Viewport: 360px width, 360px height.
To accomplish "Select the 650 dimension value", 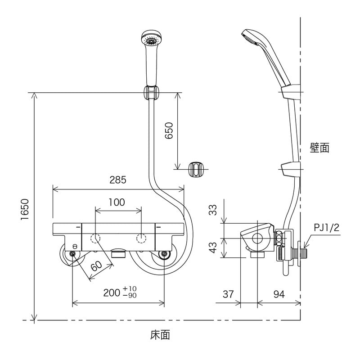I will click(168, 131).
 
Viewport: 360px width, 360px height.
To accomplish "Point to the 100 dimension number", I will click(117, 202).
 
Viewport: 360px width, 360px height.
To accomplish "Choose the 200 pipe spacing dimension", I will click(119, 293).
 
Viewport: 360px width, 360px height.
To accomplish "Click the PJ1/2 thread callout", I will click(326, 229).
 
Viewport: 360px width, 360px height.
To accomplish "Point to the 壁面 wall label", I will click(319, 148).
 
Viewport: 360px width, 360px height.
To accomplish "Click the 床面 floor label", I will click(160, 335).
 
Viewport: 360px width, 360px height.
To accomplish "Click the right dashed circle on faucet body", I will click(142, 238).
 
